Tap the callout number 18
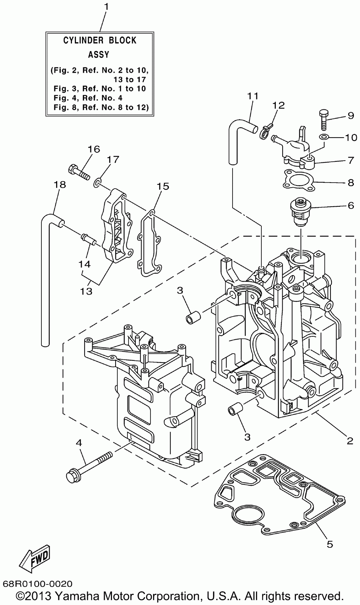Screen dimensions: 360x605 point(60,185)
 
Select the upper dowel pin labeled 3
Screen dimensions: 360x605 point(193,318)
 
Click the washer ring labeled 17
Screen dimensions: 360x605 point(98,183)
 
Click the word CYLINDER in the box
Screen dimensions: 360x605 point(83,40)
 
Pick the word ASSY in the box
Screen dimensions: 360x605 point(99,55)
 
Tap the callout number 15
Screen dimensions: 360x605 point(163,186)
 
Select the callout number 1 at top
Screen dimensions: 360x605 point(106,7)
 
